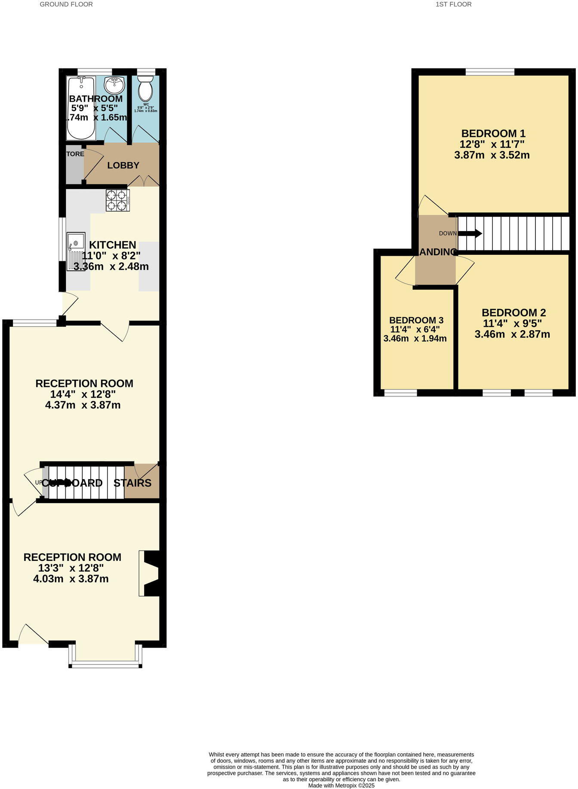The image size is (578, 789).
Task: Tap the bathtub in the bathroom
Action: (x=81, y=108)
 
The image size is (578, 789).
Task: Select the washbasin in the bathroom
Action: (x=114, y=85)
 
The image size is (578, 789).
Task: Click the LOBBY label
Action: (x=123, y=165)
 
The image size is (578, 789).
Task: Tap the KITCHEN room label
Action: (x=112, y=245)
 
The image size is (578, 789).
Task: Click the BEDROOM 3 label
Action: (x=416, y=320)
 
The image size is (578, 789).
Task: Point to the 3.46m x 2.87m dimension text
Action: (x=512, y=334)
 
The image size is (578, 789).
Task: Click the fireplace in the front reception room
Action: (x=150, y=573)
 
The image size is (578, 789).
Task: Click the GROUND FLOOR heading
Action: (x=66, y=4)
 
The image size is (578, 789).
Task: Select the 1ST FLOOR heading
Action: (x=453, y=4)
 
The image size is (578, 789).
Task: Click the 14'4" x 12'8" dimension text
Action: (x=83, y=394)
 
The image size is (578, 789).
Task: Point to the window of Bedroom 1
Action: (x=490, y=72)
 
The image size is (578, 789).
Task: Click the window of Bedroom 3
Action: (x=400, y=393)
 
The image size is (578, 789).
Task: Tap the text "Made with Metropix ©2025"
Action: (x=341, y=785)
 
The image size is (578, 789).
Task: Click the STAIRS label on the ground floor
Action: (x=132, y=483)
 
